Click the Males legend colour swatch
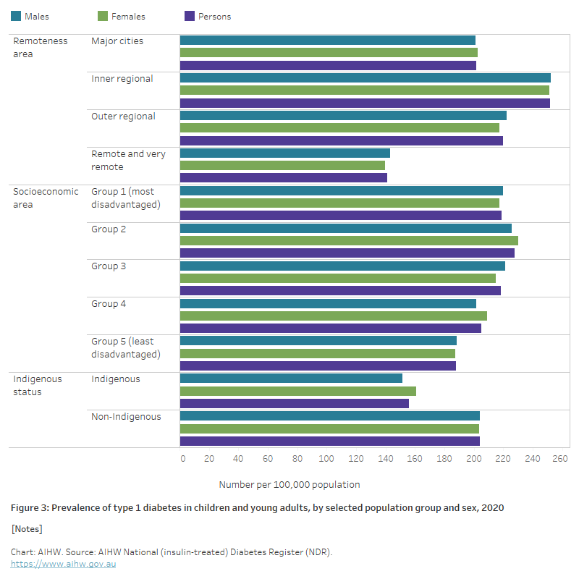pos(16,16)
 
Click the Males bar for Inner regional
pos(365,78)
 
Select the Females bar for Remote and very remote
pos(282,166)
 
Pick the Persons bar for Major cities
pos(328,66)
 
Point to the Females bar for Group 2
pos(349,240)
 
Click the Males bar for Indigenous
pos(291,379)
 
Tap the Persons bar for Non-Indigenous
pos(329,441)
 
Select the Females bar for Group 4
pos(333,316)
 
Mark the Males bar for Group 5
pos(318,341)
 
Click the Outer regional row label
pos(123,116)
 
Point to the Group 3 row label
pos(109,266)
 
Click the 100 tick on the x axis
pos(326,459)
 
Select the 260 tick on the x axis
pos(561,459)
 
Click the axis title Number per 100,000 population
pos(289,484)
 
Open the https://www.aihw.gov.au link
pos(63,564)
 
